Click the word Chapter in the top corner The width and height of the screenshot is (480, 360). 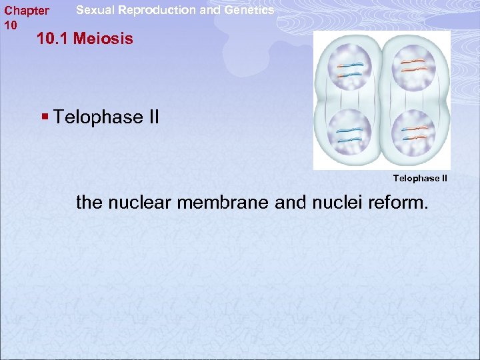[x=27, y=11]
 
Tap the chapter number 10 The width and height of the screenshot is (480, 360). [x=10, y=25]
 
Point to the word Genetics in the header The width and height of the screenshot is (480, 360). [x=249, y=10]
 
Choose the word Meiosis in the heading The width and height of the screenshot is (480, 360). [x=103, y=39]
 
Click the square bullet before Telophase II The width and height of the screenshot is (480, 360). [x=45, y=117]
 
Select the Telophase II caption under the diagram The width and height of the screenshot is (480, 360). [x=420, y=178]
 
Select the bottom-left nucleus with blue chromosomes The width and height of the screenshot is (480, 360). [x=349, y=133]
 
